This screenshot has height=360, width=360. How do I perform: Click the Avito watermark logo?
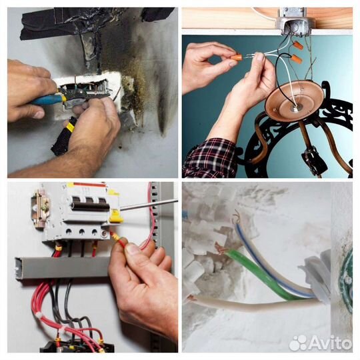[x=320, y=343]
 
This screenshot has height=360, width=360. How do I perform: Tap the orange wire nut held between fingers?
[x=236, y=57]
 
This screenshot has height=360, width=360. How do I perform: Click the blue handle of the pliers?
[x=47, y=100]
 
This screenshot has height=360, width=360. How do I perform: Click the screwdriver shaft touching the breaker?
[x=149, y=205]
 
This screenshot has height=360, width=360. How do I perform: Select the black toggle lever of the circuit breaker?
[x=91, y=203]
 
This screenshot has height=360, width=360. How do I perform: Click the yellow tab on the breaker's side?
[x=115, y=217]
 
